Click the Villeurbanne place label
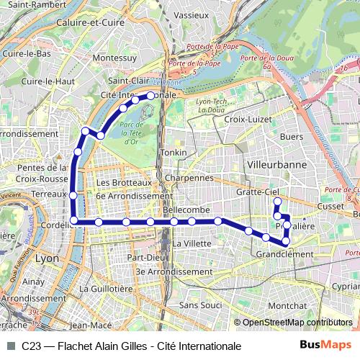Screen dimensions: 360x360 (276, 164)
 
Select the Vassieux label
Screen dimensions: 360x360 (191, 14)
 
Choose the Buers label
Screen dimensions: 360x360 (291, 135)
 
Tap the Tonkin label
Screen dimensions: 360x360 (174, 153)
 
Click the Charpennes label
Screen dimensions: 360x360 (188, 177)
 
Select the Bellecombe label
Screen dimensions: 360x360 (186, 208)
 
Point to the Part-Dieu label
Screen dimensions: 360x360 (147, 257)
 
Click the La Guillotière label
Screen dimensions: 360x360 (107, 288)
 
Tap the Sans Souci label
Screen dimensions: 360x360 (200, 305)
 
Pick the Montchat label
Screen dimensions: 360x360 (286, 305)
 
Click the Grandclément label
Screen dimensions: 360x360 (284, 254)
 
